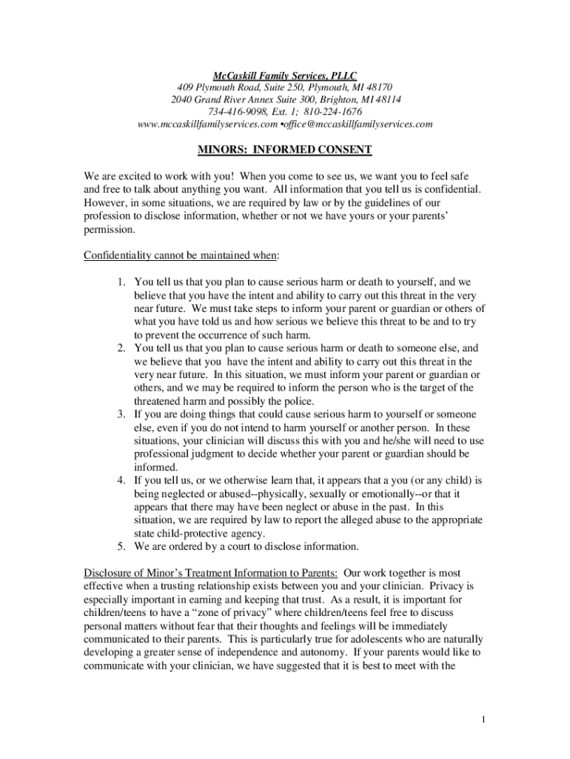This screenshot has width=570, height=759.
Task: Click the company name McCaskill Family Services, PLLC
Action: tap(285, 76)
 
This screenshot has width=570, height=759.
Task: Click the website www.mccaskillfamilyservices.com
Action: tap(202, 124)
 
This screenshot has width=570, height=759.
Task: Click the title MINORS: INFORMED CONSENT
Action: tap(285, 150)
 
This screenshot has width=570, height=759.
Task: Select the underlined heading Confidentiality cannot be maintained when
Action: tap(181, 256)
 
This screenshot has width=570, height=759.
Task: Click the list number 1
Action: tap(122, 282)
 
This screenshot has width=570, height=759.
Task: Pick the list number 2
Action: tap(122, 348)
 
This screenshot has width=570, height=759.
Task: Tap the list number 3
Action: tap(122, 414)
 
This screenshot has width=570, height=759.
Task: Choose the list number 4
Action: tap(122, 480)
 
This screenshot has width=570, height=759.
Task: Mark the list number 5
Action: tap(122, 546)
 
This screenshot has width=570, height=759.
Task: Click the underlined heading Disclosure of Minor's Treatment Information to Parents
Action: tap(212, 573)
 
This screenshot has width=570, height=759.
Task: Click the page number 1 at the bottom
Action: tap(482, 720)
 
